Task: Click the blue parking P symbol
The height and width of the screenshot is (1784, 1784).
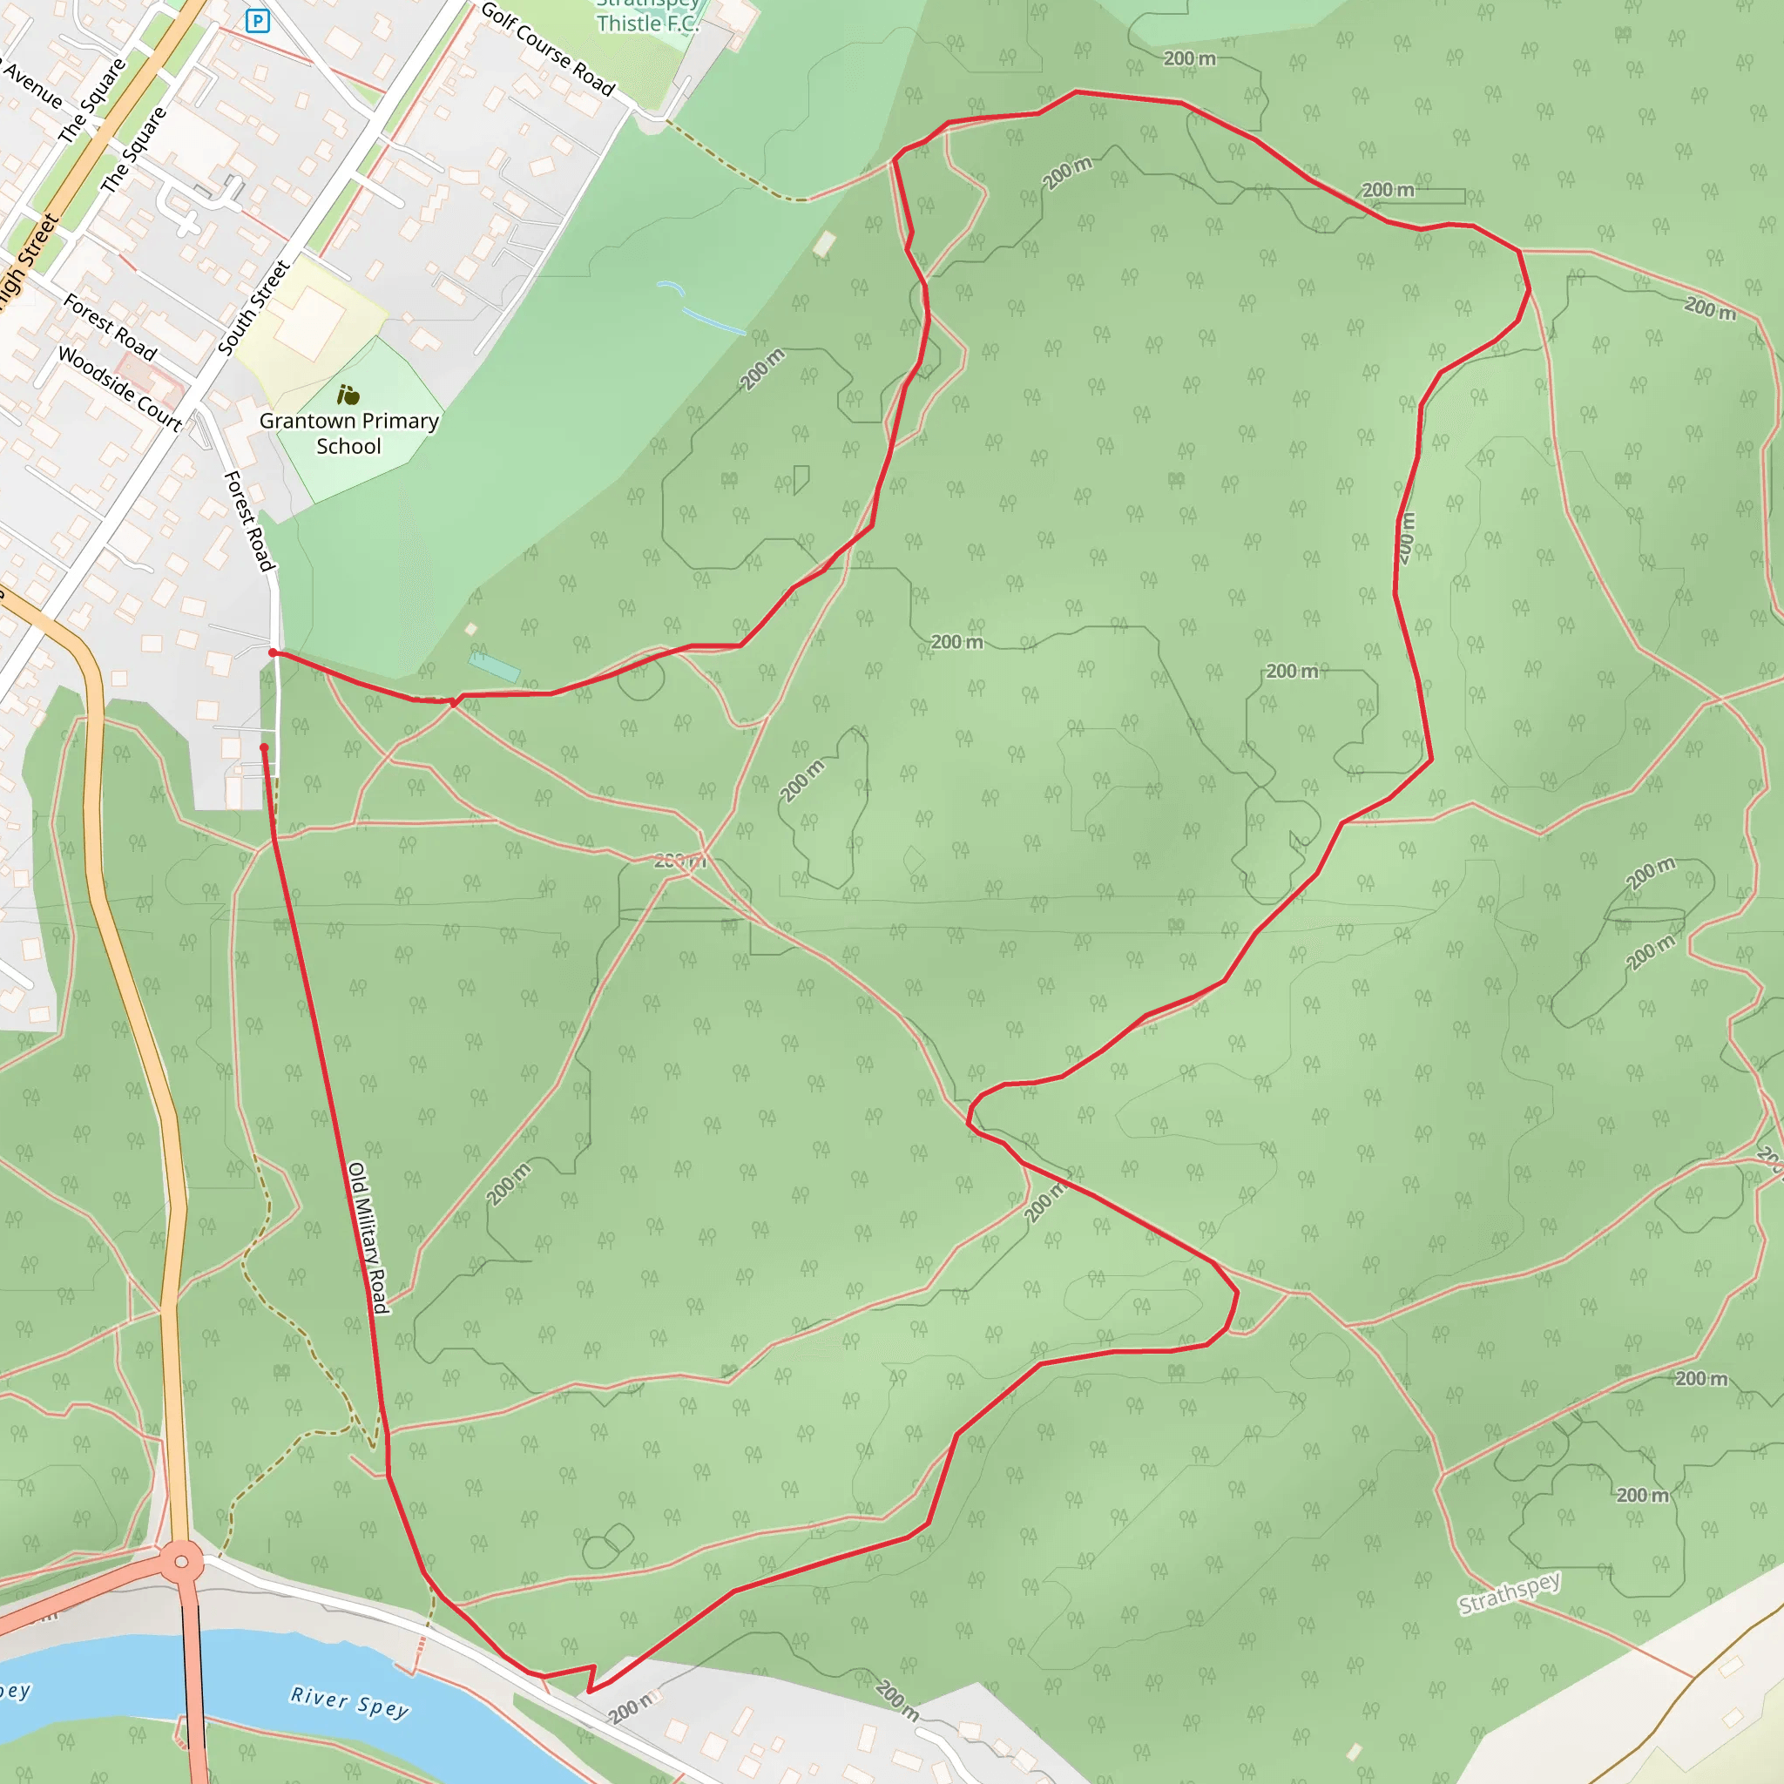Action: tap(258, 20)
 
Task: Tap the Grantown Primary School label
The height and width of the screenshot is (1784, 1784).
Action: tap(348, 433)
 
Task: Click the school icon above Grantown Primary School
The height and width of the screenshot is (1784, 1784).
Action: tap(348, 395)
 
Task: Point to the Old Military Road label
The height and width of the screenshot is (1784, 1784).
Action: tap(368, 1236)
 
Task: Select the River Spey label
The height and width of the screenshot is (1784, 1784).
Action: tap(349, 1702)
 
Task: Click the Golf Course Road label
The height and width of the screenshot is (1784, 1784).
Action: tap(548, 49)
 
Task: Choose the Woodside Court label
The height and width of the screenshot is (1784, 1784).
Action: tap(120, 388)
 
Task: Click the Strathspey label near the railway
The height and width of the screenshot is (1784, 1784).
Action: tap(1509, 1593)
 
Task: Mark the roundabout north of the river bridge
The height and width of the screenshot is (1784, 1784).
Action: tap(182, 1563)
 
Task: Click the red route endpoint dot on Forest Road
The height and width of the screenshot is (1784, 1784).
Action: tap(273, 652)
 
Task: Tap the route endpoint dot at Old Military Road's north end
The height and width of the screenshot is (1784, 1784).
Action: tap(264, 747)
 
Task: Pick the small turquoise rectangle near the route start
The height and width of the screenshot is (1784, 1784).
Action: tap(494, 666)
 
